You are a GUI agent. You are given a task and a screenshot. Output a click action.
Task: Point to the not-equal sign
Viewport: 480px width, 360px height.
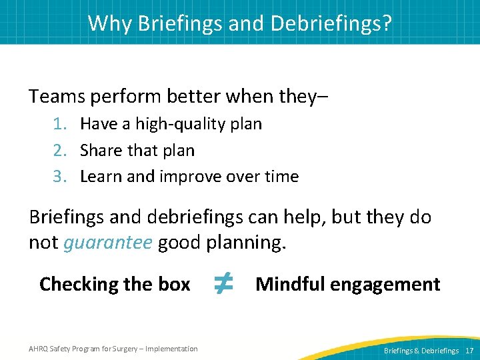click(x=223, y=284)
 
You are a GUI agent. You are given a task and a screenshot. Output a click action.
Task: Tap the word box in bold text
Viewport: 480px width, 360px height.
click(x=175, y=285)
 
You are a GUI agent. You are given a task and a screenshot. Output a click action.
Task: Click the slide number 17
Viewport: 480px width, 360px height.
click(x=469, y=351)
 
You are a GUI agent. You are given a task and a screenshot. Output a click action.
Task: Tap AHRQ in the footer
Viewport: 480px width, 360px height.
click(x=39, y=349)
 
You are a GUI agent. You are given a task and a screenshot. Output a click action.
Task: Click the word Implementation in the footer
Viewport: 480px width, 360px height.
click(x=171, y=349)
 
